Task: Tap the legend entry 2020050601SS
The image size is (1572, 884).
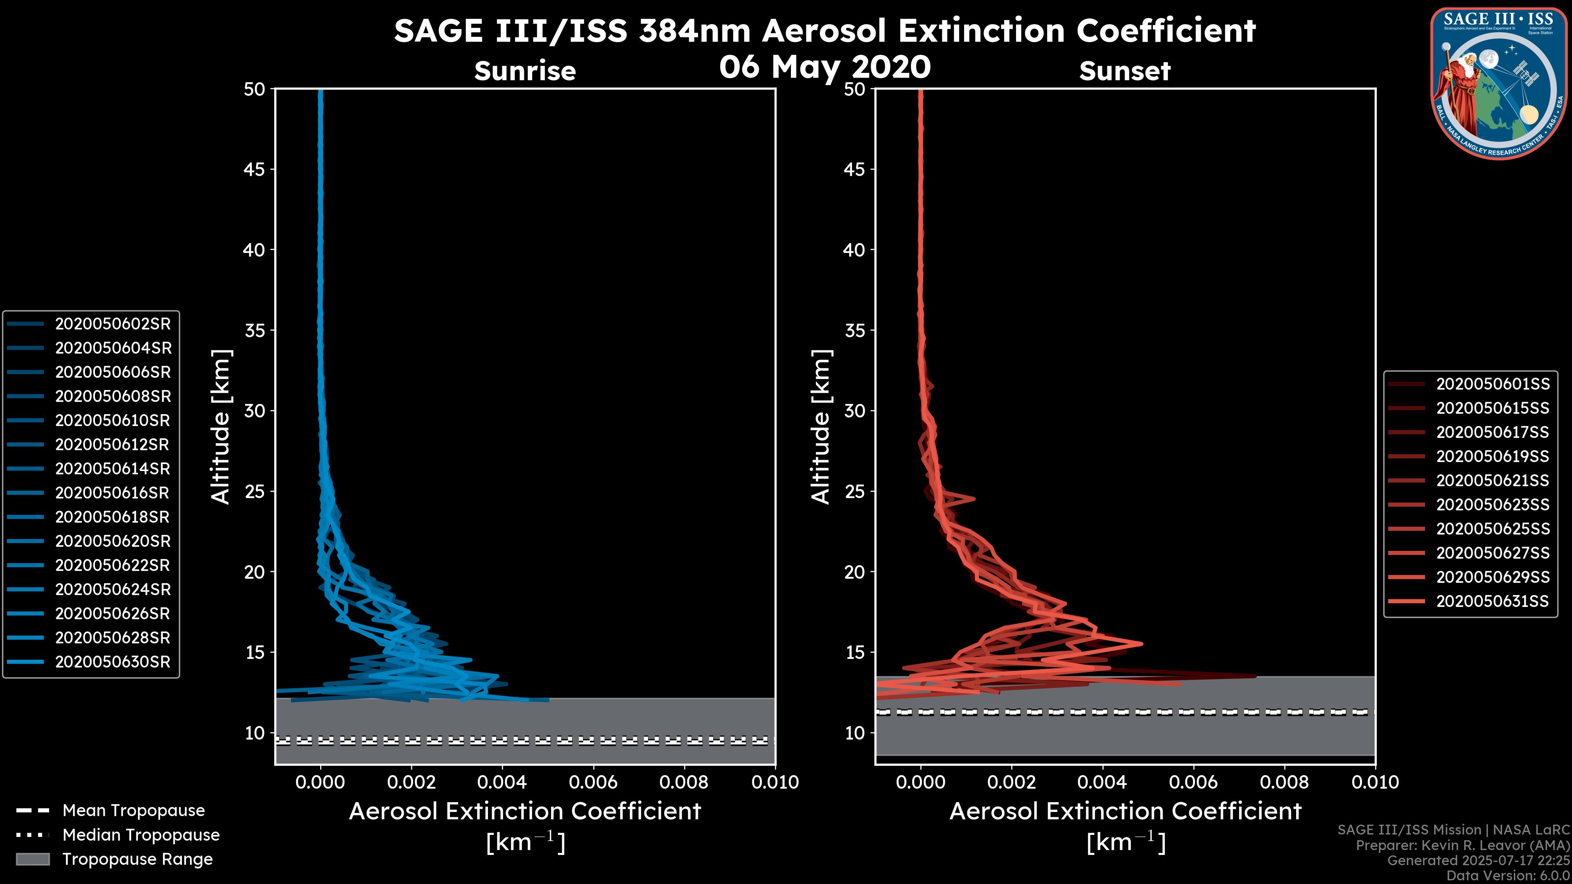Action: [x=1492, y=384]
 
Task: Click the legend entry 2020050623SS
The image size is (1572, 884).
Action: [x=1492, y=505]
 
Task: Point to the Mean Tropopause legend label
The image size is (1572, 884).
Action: [x=133, y=810]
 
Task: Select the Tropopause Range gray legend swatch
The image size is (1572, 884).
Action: [x=32, y=859]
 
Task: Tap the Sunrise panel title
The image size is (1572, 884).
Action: [x=525, y=71]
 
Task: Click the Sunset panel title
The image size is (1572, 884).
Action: [x=1125, y=71]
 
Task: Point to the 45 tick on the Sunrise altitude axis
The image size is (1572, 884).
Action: [x=255, y=169]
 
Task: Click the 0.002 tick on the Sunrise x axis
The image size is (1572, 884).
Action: [x=411, y=782]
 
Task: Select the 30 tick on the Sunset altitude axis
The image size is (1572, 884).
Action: [x=855, y=410]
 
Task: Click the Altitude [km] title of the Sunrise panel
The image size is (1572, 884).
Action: [x=220, y=427]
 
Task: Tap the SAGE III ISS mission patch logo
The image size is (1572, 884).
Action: [x=1498, y=83]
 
